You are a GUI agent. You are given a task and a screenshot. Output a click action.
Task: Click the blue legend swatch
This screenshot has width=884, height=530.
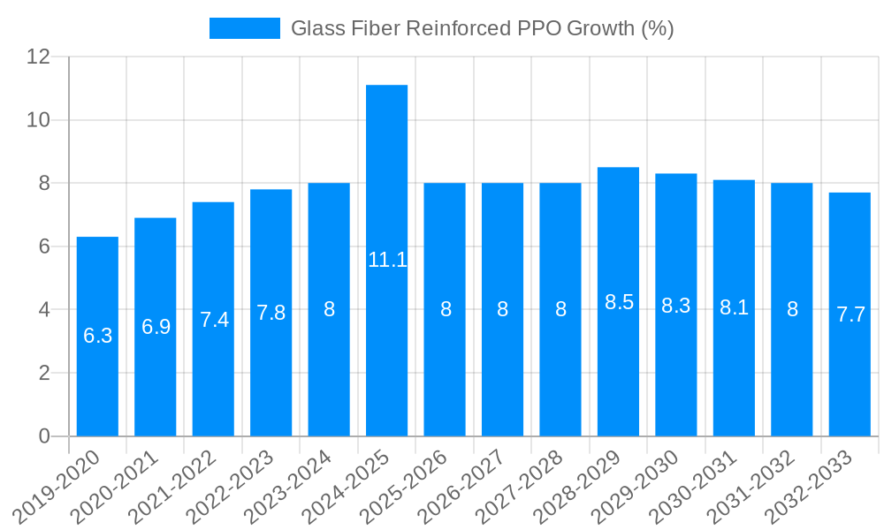click(x=244, y=28)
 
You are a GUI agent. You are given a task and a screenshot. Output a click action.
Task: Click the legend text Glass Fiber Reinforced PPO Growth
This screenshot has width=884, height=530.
click(x=482, y=28)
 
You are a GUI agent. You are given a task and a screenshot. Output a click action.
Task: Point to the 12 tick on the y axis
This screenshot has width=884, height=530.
click(x=39, y=57)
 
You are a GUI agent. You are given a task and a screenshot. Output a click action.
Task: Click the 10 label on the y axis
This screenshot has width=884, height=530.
click(x=39, y=120)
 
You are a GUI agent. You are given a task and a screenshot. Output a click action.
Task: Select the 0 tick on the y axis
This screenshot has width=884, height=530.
click(x=44, y=436)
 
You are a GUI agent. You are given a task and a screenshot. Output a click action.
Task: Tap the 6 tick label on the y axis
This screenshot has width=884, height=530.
click(x=44, y=246)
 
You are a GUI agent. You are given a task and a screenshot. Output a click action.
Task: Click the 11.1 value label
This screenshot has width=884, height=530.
click(x=387, y=260)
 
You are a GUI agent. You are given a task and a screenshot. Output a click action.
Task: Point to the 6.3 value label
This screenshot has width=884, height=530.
click(x=97, y=336)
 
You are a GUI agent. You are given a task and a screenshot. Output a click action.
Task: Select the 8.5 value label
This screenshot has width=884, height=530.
click(x=619, y=302)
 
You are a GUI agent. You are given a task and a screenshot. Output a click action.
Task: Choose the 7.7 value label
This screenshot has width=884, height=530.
click(x=850, y=314)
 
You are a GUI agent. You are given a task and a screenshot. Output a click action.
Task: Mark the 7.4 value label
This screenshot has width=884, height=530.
click(x=214, y=320)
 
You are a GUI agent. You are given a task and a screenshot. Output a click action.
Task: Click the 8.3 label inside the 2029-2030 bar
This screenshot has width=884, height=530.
click(x=676, y=306)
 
